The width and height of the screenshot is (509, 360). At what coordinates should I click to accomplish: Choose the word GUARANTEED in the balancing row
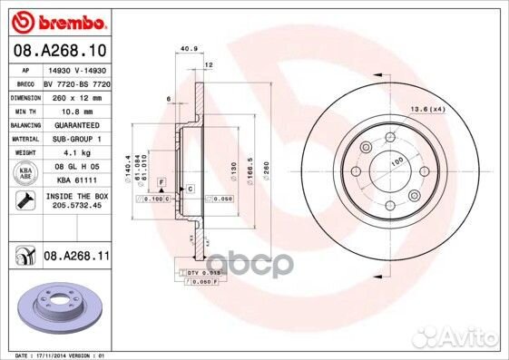click(71, 124)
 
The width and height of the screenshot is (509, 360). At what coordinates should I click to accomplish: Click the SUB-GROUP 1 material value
click(71, 139)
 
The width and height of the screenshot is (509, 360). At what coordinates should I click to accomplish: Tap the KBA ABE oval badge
click(27, 173)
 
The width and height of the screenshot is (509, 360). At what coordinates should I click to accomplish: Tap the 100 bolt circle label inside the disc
click(396, 161)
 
